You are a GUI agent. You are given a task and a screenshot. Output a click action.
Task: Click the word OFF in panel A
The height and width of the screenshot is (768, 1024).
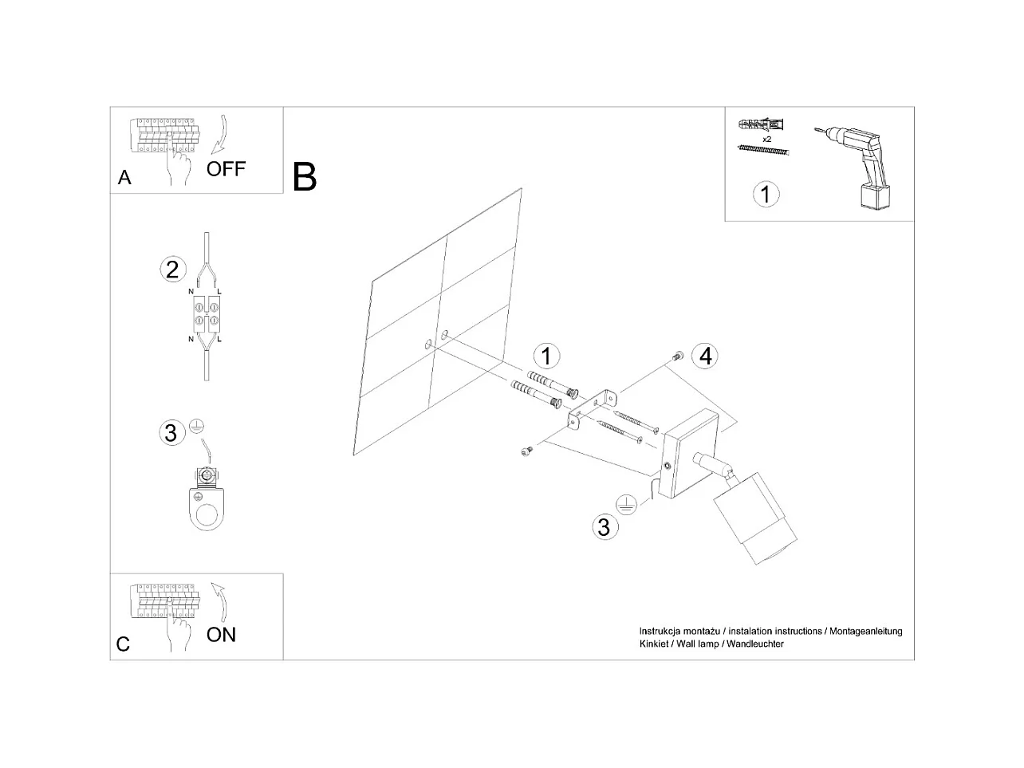tap(226, 169)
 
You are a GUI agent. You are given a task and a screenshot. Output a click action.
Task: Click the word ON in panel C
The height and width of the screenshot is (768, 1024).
tap(221, 635)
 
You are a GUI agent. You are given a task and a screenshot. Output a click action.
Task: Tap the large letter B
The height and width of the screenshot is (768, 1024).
tap(305, 177)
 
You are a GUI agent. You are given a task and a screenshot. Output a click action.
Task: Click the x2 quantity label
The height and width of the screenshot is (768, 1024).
tap(766, 139)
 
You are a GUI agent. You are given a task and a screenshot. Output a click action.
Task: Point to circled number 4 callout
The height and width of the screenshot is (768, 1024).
tap(705, 356)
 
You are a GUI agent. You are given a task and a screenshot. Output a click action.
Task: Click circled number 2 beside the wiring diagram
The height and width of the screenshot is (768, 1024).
tap(172, 270)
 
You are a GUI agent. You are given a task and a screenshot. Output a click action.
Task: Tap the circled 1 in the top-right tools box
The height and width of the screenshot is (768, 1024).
tap(766, 194)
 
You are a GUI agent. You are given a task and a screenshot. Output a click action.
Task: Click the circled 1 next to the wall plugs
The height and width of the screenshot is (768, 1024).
tap(546, 356)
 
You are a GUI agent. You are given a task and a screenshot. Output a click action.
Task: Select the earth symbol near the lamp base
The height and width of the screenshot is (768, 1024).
tap(626, 503)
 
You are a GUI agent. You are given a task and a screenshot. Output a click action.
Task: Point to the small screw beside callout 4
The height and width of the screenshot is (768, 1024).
tap(677, 356)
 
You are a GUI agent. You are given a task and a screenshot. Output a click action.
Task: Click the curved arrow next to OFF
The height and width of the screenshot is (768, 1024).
tap(220, 134)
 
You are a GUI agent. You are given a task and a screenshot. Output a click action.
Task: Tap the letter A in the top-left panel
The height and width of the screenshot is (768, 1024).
tap(124, 178)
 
